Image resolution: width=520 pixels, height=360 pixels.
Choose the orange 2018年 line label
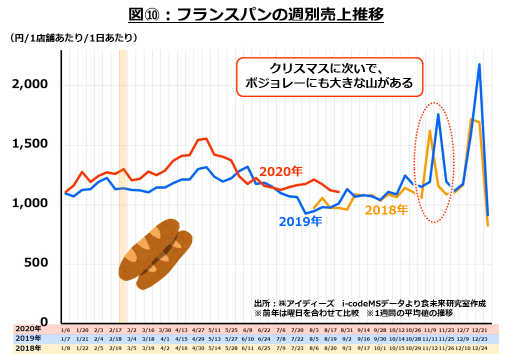pos(386,210)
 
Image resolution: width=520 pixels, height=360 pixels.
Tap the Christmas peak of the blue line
pos(479,64)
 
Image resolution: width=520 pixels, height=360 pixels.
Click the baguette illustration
pos(155,253)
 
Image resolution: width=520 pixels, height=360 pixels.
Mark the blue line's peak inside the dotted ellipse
pos(438,114)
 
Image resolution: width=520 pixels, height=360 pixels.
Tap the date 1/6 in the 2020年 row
pos(65,329)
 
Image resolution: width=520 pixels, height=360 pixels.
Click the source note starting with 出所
pos(369,303)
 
